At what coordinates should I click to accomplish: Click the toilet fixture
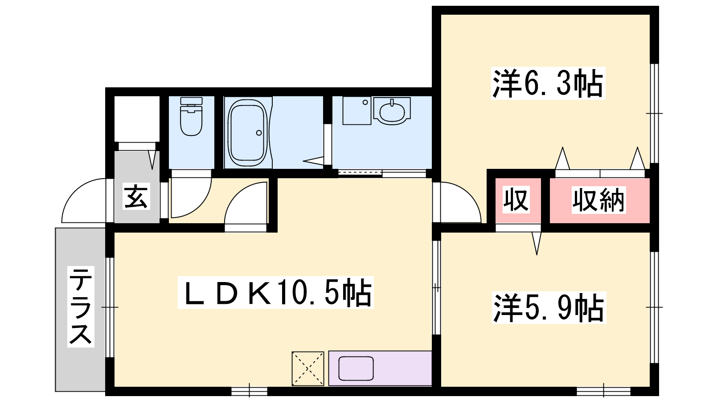(191, 116)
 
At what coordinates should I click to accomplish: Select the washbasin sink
(392, 111)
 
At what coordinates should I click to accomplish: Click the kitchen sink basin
(356, 368)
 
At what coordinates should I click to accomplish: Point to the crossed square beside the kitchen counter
(308, 368)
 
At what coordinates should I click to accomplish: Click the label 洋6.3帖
(548, 83)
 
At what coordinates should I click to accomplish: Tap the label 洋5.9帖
(549, 308)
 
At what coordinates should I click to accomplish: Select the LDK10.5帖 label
(276, 292)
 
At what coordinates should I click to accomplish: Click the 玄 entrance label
(136, 196)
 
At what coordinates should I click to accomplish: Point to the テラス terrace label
(81, 307)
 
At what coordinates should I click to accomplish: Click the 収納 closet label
(599, 200)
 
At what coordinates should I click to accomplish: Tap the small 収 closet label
(516, 200)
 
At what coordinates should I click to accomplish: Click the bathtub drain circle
(259, 133)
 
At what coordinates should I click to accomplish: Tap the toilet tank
(191, 101)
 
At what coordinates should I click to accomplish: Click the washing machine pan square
(357, 110)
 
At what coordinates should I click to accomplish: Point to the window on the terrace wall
(110, 307)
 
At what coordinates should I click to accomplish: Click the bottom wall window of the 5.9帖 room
(603, 391)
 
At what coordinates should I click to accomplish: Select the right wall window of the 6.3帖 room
(654, 113)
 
